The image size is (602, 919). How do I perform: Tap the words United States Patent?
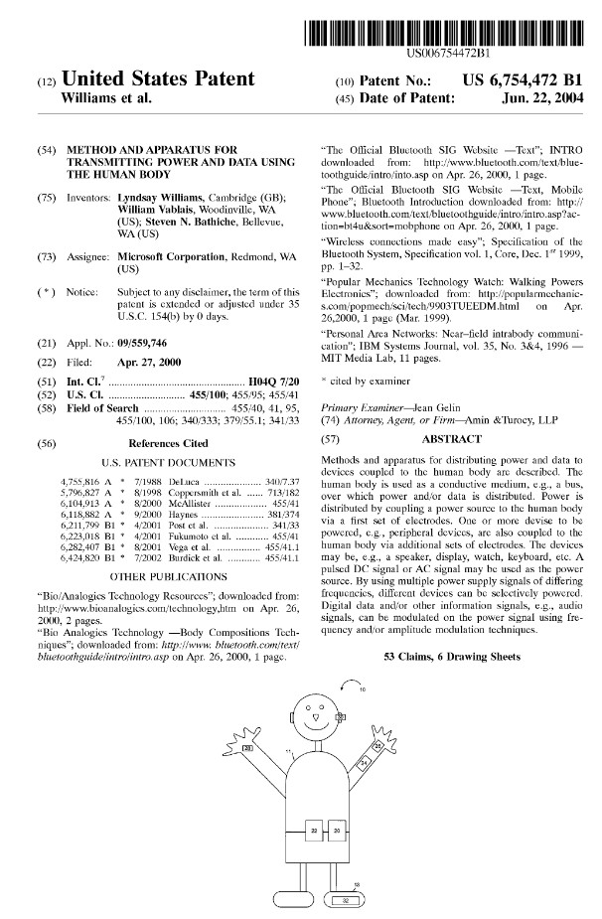pos(158,79)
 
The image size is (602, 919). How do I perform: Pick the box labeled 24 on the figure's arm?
pos(364,762)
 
